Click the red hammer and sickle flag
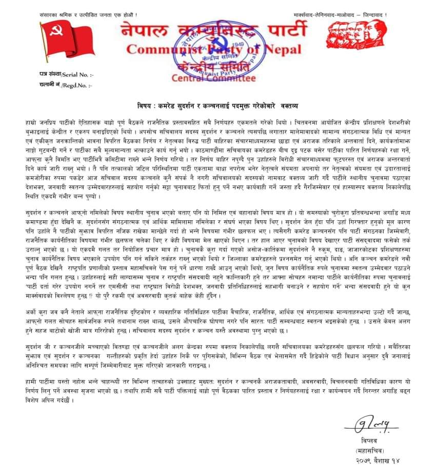click(x=61, y=44)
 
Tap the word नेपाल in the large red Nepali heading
click(x=145, y=32)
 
